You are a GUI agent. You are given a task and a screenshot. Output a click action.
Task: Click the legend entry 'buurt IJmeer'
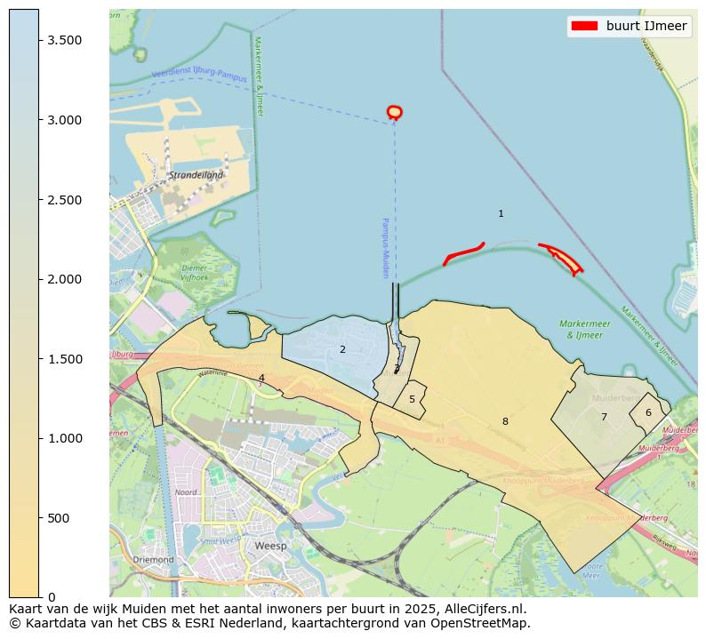click(x=646, y=27)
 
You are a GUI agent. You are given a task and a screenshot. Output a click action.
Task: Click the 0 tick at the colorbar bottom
click(x=52, y=597)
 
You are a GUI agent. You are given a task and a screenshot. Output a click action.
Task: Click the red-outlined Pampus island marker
click(x=395, y=112)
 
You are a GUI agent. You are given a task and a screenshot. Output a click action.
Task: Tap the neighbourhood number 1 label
click(x=501, y=213)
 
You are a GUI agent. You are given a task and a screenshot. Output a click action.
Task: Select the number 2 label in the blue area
click(x=342, y=349)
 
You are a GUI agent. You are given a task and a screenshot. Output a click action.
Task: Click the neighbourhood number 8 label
click(x=505, y=421)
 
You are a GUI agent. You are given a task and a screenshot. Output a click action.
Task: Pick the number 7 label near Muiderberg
click(x=604, y=417)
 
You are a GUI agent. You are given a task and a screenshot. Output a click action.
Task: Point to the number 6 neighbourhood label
click(x=648, y=412)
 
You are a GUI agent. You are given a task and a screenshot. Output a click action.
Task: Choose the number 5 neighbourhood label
click(x=412, y=400)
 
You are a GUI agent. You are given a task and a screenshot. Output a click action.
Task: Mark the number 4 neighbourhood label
click(x=261, y=378)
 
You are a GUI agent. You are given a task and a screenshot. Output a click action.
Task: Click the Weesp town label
click(x=271, y=546)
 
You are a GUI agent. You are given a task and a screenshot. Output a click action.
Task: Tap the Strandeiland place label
click(x=196, y=175)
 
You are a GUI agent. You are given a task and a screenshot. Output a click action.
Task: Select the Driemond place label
click(x=153, y=560)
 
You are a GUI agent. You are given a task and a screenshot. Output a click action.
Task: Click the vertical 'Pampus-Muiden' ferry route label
click(x=386, y=248)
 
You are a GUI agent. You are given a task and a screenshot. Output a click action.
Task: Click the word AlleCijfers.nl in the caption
click(x=481, y=610)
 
